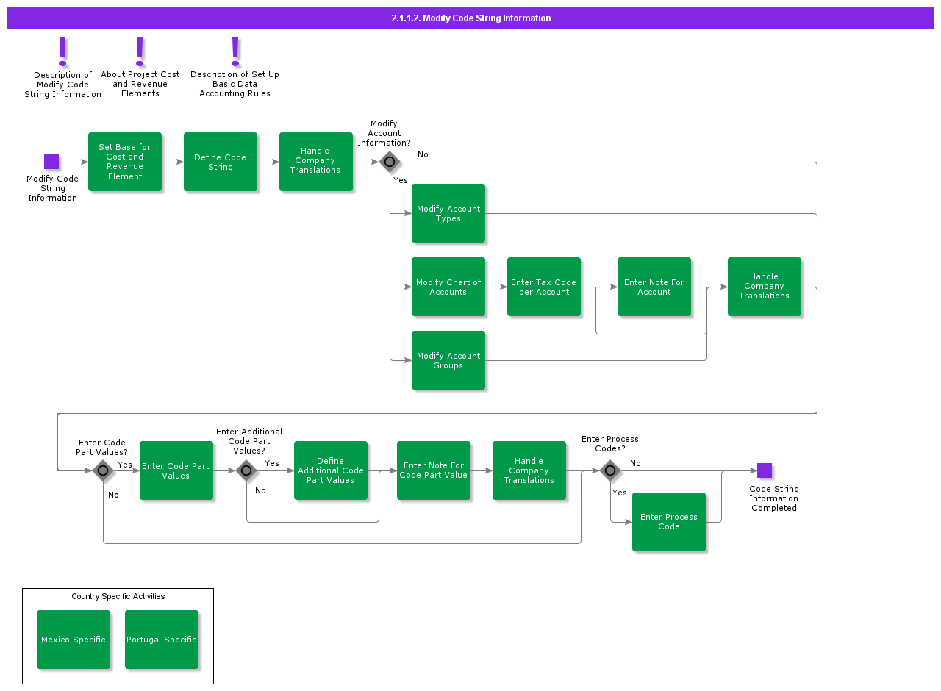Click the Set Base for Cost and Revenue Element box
[125, 162]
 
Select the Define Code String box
[221, 162]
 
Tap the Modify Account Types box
[448, 213]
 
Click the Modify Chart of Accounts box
[448, 287]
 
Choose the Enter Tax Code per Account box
[544, 287]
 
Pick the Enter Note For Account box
[654, 287]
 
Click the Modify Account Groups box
[448, 360]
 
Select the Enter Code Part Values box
[176, 470]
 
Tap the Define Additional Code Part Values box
[331, 470]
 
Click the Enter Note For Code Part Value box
[434, 470]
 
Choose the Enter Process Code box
[669, 522]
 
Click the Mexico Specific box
[74, 640]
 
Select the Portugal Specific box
[162, 640]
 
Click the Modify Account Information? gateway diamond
[390, 162]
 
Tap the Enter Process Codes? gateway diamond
[610, 470]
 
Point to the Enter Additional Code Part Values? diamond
[246, 470]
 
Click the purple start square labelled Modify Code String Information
[51, 162]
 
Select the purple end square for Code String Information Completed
[765, 470]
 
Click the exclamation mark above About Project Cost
[140, 51]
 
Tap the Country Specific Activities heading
[118, 596]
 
